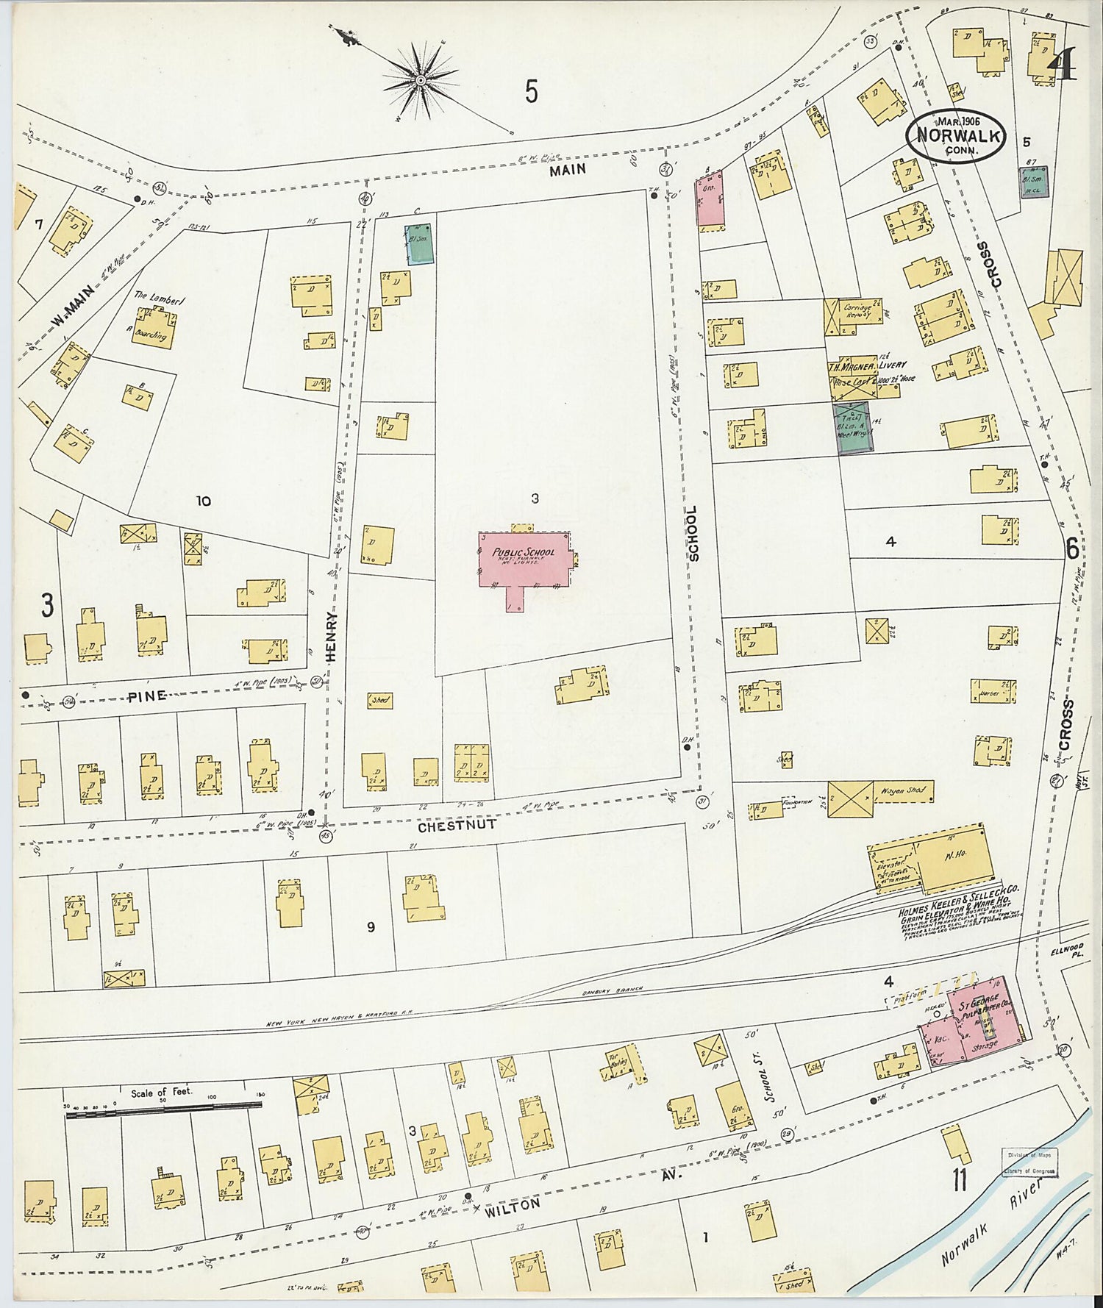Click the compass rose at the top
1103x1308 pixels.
pyautogui.click(x=420, y=79)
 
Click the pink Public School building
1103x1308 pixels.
pyautogui.click(x=524, y=560)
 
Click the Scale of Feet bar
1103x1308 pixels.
pyautogui.click(x=163, y=1114)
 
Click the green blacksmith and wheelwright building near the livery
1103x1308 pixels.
pyautogui.click(x=852, y=427)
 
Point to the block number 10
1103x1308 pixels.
pyautogui.click(x=203, y=501)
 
